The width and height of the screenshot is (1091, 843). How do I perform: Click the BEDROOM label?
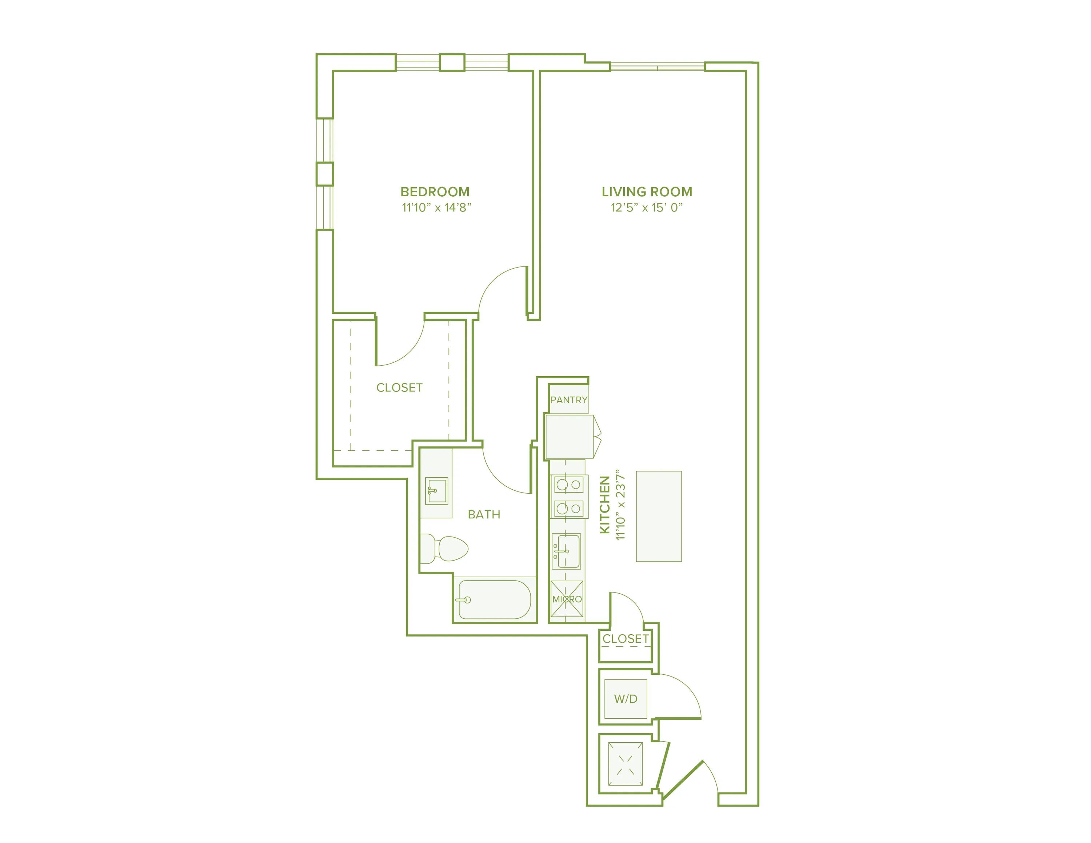pos(435,192)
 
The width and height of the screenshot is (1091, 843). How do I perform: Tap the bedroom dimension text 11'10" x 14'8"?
pos(437,208)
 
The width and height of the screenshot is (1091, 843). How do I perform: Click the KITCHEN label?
pos(605,505)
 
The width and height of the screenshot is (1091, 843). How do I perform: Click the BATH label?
pos(484,514)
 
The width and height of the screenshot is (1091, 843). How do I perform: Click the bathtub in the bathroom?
pos(494,599)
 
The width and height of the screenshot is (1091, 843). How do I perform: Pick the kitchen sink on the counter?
pos(566,551)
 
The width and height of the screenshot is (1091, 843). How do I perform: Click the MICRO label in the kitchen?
pos(567,599)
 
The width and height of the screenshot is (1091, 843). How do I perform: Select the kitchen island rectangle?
pos(658,516)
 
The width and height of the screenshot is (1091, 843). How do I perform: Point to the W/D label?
pos(626,699)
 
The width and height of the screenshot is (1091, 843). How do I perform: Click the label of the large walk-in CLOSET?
pos(399,388)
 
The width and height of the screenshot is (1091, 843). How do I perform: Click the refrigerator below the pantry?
pos(570,437)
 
